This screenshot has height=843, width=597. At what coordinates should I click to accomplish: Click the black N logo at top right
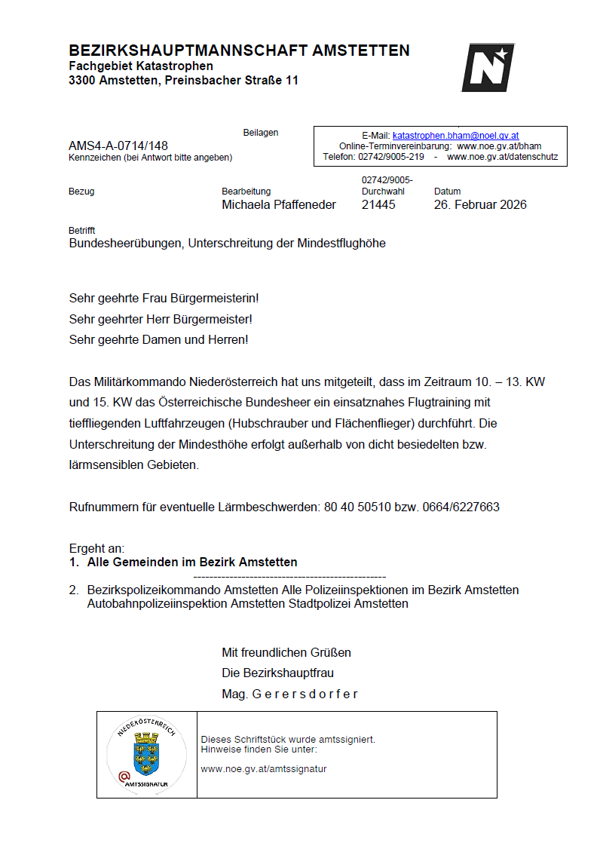488,67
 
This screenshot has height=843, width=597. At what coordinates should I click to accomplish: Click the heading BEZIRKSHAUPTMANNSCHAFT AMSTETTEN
239,51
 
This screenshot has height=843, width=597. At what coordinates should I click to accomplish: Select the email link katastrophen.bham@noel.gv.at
455,136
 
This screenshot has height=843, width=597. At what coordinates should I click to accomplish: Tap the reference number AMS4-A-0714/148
118,146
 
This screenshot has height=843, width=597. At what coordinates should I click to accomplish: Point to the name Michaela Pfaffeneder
279,204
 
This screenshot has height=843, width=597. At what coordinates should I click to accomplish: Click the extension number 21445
378,204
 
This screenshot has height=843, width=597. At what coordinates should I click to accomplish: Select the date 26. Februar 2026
480,204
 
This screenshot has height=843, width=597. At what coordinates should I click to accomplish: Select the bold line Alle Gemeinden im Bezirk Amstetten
192,562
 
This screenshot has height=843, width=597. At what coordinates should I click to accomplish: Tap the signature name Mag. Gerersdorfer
289,694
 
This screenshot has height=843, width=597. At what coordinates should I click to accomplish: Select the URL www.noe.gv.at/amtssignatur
264,769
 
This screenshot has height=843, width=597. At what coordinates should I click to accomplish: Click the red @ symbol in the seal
124,774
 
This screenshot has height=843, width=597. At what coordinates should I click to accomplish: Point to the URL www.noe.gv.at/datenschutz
503,157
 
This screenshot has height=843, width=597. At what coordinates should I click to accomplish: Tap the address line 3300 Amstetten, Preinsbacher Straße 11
183,80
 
